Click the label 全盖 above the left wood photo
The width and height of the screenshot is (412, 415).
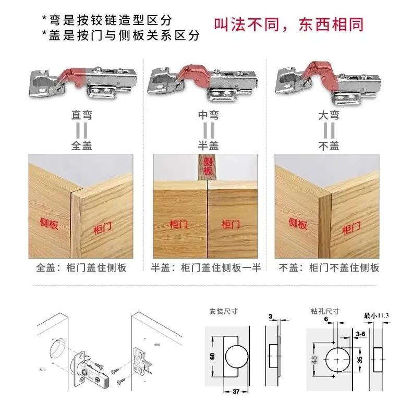tap(82, 146)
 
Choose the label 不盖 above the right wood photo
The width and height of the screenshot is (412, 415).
tap(330, 146)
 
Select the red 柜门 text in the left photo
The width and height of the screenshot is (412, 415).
tap(102, 227)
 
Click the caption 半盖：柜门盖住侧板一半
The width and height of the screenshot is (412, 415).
tap(206, 268)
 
